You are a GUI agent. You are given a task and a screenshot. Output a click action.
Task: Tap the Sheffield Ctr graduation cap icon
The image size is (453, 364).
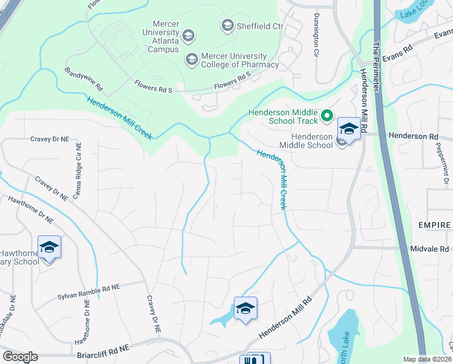(228, 25)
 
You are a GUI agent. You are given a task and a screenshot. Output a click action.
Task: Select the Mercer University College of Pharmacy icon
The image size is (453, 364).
(192, 59)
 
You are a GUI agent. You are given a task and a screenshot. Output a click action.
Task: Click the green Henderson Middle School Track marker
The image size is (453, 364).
(327, 115)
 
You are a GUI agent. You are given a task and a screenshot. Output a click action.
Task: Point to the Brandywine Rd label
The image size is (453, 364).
(84, 79)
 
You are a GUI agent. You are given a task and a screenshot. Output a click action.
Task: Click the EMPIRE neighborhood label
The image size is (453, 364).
(435, 225)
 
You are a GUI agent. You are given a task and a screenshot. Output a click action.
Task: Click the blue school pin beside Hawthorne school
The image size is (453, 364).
(49, 248)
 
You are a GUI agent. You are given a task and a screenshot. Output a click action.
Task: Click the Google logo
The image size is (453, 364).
(20, 357)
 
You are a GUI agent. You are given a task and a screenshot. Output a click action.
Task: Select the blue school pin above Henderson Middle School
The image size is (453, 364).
(349, 129)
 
